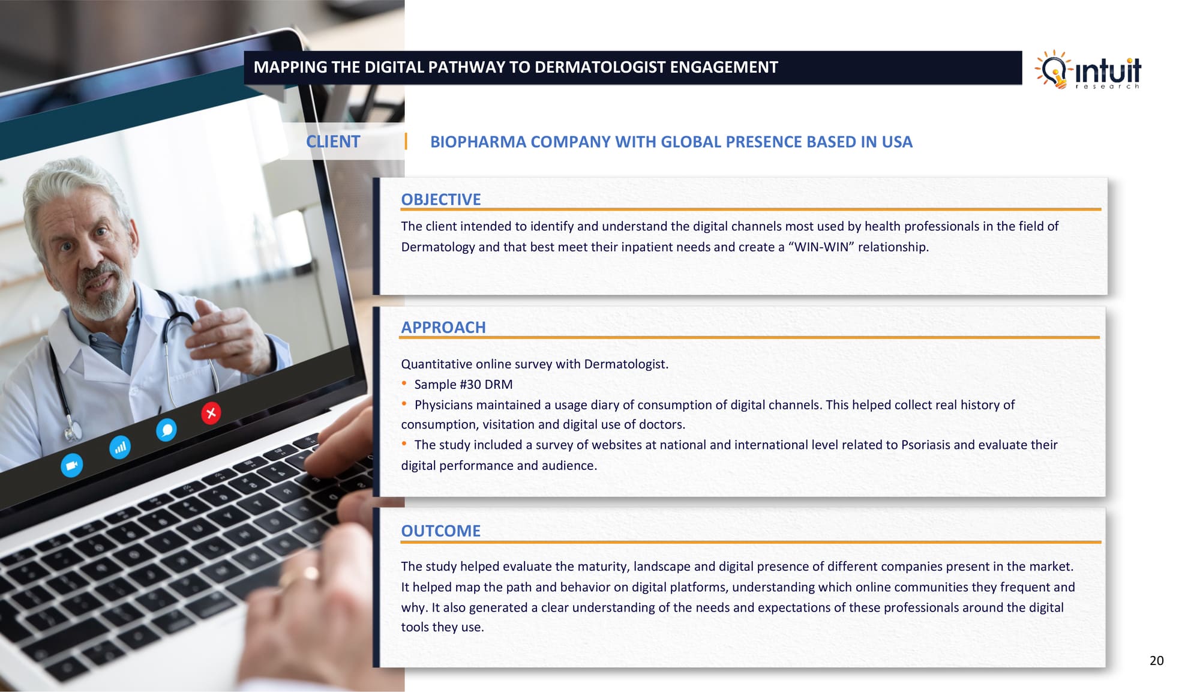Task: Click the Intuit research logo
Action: click(1088, 70)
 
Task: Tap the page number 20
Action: click(1156, 661)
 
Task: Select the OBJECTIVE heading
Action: click(441, 199)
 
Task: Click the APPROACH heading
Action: click(443, 327)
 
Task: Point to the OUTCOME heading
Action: click(441, 531)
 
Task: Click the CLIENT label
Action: click(333, 142)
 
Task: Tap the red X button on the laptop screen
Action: click(211, 413)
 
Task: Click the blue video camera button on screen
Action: click(72, 465)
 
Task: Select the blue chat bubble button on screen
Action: click(166, 430)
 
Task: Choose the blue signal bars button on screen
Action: click(120, 447)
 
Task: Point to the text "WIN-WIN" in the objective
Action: click(821, 247)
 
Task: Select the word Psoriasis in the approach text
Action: click(925, 445)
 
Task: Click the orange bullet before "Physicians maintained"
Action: click(404, 404)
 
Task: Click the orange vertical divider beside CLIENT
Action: click(406, 142)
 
